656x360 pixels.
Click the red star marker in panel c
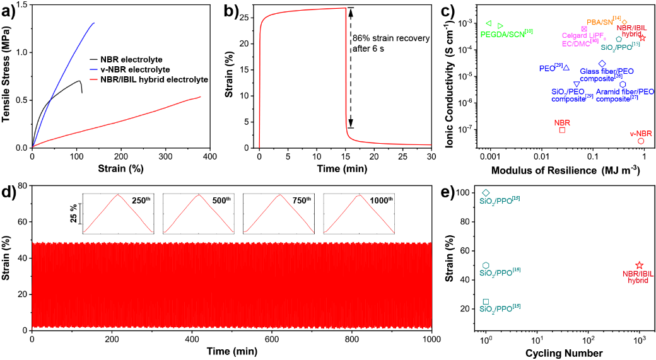643,38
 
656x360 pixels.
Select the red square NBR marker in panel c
562,130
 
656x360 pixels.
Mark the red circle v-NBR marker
641,141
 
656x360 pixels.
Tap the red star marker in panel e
639,265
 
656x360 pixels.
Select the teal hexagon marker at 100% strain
486,193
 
